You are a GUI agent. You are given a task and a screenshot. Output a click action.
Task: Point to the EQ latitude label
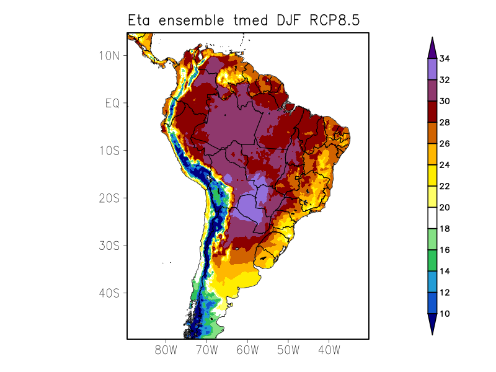click(112, 103)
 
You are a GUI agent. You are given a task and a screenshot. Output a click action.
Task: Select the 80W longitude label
click(166, 350)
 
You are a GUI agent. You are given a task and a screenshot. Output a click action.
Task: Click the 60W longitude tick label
click(247, 350)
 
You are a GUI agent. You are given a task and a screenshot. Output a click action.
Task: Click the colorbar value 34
click(445, 59)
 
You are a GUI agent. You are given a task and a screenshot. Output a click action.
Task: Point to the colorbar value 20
click(445, 207)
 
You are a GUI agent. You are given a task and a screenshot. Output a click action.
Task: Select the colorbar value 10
click(445, 314)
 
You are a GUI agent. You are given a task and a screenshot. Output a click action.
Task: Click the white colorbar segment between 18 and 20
click(432, 218)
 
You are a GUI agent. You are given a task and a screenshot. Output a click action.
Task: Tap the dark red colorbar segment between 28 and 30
click(432, 112)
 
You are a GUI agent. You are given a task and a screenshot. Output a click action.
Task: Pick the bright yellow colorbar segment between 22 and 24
click(432, 175)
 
